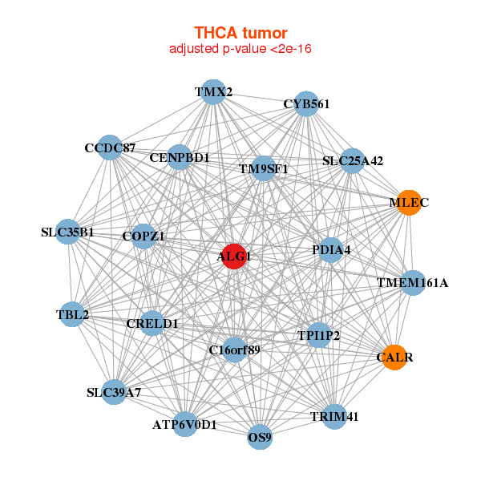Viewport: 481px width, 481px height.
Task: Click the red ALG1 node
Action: point(233,257)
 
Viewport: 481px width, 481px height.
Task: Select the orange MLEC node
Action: point(409,203)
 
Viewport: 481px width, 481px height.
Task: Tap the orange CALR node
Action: point(394,357)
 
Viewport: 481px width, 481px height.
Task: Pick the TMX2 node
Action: point(213,91)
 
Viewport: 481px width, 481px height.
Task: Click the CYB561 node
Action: point(306,104)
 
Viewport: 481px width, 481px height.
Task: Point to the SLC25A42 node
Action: point(353,160)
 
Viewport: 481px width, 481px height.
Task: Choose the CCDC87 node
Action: point(111,148)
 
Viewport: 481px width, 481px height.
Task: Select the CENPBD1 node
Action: point(180,157)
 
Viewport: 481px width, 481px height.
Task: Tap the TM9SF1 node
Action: point(263,169)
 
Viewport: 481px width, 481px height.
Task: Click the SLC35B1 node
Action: point(68,232)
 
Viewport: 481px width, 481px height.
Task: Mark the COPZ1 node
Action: point(143,236)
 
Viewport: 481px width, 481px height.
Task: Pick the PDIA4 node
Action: point(331,250)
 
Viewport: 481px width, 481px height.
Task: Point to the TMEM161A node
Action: point(412,282)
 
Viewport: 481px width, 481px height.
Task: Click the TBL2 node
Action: point(72,315)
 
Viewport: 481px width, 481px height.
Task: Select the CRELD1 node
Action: point(152,323)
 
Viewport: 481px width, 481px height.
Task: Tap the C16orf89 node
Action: point(234,350)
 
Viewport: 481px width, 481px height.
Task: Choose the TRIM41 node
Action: point(334,416)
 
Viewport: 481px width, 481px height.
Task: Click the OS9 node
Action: point(260,438)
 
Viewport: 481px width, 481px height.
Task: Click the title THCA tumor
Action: point(240,33)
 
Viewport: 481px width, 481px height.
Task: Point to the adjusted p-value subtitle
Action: point(240,49)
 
